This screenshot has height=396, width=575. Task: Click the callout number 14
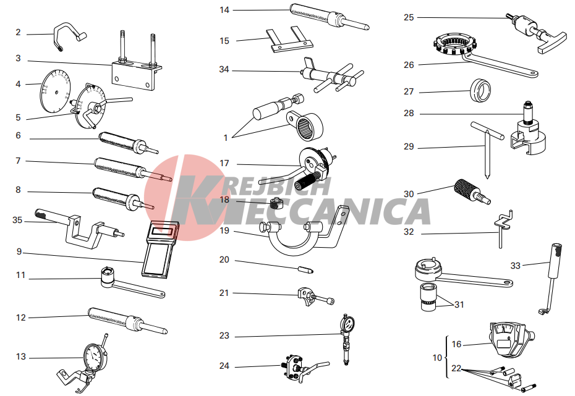224,10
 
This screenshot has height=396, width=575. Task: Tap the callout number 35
17,220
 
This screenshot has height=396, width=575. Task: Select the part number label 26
409,65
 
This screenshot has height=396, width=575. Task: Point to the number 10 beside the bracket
437,358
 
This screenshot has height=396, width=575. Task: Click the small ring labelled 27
480,90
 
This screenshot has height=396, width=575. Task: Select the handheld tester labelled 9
160,249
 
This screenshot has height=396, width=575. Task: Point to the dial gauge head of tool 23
346,324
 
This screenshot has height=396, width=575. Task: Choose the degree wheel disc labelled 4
54,90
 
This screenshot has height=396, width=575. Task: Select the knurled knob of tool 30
464,188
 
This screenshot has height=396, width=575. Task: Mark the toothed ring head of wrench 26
454,44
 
